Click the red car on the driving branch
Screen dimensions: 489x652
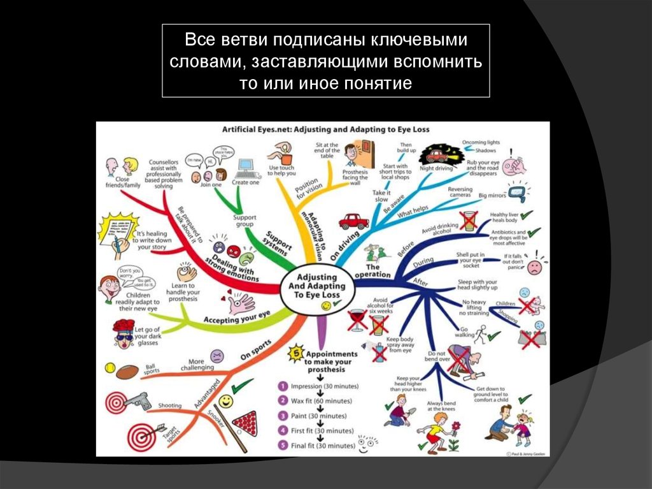(x=354, y=221)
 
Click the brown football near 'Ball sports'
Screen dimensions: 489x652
(x=127, y=371)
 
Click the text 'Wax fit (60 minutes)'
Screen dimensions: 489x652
(x=322, y=400)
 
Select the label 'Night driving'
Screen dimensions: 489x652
(x=436, y=169)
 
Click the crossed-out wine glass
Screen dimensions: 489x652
(x=357, y=318)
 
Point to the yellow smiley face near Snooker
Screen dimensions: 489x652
(x=225, y=401)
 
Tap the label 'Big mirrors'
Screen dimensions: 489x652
(x=492, y=195)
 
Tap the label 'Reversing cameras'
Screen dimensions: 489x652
(x=460, y=192)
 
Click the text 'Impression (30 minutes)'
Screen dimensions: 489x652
(x=325, y=386)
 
